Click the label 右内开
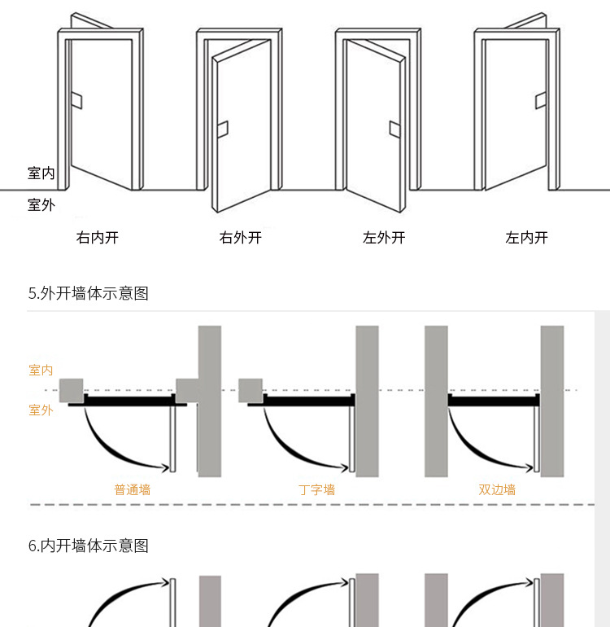(98, 238)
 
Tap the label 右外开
(241, 238)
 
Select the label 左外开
(384, 238)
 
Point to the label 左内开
(527, 238)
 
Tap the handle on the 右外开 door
(222, 129)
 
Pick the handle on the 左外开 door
(395, 129)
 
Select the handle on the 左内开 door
(540, 101)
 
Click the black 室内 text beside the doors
(41, 173)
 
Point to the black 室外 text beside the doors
(41, 204)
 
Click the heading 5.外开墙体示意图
(89, 293)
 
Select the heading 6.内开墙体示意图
(89, 546)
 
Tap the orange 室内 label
(41, 370)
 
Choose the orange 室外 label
(41, 410)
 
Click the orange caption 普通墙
(133, 489)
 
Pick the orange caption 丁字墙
(316, 489)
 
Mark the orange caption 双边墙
(497, 489)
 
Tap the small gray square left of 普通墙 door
(72, 390)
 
